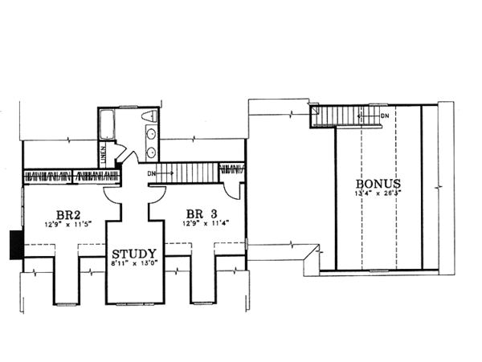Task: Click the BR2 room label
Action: click(66, 215)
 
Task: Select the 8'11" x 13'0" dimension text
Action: click(133, 260)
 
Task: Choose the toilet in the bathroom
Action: click(147, 120)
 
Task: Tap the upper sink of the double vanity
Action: click(151, 135)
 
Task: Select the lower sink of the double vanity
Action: click(151, 151)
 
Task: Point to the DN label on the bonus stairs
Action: click(385, 116)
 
